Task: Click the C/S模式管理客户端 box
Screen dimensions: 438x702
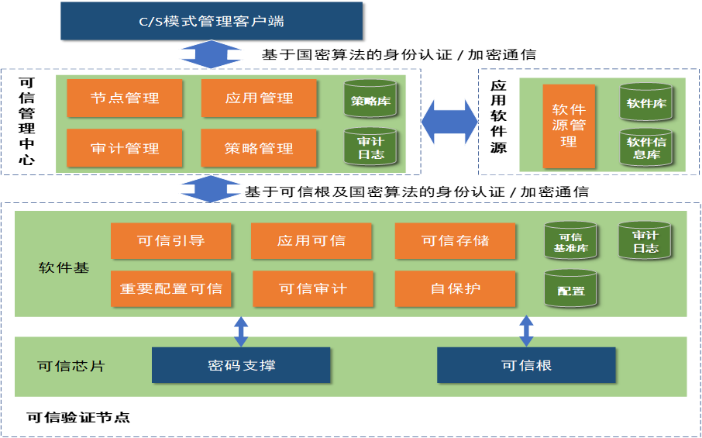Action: tap(212, 21)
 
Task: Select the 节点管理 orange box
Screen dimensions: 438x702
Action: tap(125, 98)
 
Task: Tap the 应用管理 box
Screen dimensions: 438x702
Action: tap(259, 98)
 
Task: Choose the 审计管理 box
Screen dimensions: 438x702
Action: tap(125, 148)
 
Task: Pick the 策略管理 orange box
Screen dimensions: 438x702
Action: tap(259, 148)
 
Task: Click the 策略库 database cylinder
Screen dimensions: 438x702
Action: tap(370, 101)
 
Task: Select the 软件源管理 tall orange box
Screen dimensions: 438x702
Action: tap(569, 126)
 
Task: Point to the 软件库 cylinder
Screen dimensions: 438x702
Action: tap(645, 102)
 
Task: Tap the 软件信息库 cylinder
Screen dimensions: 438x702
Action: tap(645, 147)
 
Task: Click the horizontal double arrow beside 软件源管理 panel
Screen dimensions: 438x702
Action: tap(450, 121)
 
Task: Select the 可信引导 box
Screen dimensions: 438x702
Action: tap(171, 240)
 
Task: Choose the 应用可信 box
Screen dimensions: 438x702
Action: tap(311, 240)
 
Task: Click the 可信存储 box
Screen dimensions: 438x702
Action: tap(456, 240)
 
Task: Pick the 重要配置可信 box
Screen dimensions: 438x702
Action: tap(171, 288)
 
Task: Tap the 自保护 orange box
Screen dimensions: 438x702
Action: tap(456, 288)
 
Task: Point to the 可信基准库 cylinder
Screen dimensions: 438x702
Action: tap(570, 242)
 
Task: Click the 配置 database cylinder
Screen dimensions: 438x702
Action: tap(570, 289)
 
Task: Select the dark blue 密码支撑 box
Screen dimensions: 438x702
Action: tap(241, 365)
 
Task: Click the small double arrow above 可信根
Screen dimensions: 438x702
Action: tap(527, 330)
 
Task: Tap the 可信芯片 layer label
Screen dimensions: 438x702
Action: tap(71, 366)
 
